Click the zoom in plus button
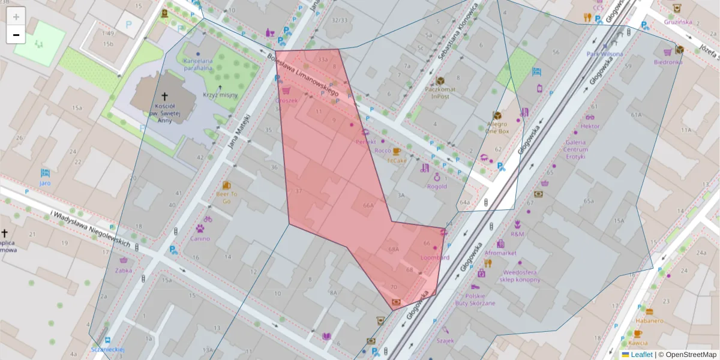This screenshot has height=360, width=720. click(16, 16)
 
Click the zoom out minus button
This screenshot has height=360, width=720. click(16, 35)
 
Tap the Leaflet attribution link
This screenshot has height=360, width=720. click(641, 355)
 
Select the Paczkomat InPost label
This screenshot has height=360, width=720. click(440, 92)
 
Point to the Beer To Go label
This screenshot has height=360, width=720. click(227, 197)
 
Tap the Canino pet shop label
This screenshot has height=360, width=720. click(200, 238)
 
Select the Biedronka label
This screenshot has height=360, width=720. click(668, 61)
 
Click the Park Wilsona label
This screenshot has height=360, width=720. click(605, 54)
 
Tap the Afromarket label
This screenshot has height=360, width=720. click(500, 253)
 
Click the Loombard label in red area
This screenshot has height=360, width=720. click(435, 257)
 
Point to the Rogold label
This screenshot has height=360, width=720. click(437, 186)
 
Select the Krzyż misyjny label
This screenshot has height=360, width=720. click(220, 95)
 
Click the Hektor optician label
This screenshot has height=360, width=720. click(590, 126)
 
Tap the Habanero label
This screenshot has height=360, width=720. click(649, 320)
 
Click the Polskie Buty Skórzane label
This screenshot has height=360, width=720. click(479, 299)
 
